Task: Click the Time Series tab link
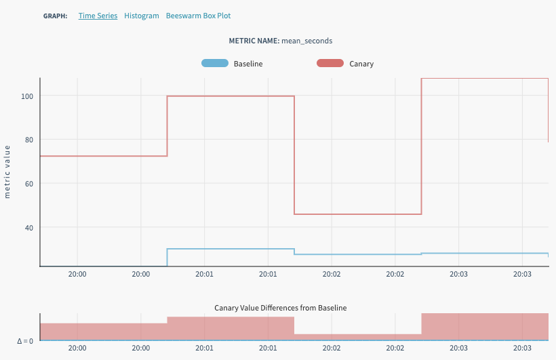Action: pyautogui.click(x=98, y=16)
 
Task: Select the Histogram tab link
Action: pyautogui.click(x=142, y=16)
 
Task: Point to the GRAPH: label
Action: pyautogui.click(x=55, y=16)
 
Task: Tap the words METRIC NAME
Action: pyautogui.click(x=254, y=41)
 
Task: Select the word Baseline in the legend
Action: pyautogui.click(x=248, y=64)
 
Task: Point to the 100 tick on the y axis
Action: pyautogui.click(x=27, y=96)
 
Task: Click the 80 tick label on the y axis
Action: pyautogui.click(x=29, y=140)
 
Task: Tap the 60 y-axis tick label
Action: pyautogui.click(x=29, y=183)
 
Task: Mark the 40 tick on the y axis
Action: pyautogui.click(x=29, y=227)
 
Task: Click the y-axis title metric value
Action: pyautogui.click(x=7, y=172)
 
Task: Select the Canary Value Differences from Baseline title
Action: pyautogui.click(x=280, y=308)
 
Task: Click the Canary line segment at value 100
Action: pyautogui.click(x=231, y=96)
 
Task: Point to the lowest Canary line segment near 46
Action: pyautogui.click(x=358, y=214)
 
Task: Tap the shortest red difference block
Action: pyautogui.click(x=358, y=337)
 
